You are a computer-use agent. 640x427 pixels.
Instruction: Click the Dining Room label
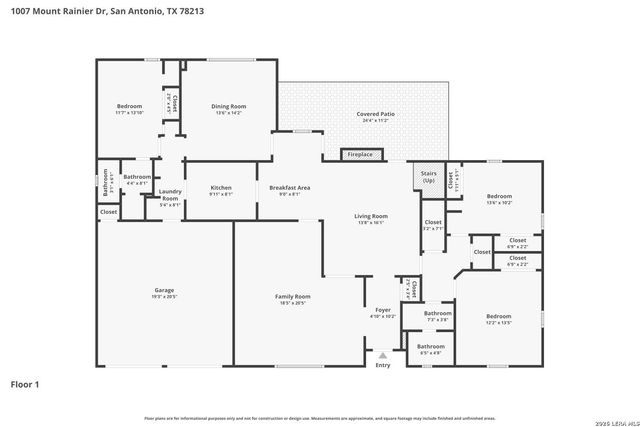click(228, 106)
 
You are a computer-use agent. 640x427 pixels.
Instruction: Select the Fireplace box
click(359, 155)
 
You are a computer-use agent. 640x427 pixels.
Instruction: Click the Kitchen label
click(221, 187)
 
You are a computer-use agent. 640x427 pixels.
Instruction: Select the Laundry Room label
click(170, 194)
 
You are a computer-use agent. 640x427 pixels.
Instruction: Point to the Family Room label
click(293, 296)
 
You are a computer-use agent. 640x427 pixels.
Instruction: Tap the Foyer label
click(383, 309)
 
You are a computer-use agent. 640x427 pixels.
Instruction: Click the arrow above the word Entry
click(382, 354)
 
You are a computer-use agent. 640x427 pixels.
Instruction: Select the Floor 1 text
click(26, 384)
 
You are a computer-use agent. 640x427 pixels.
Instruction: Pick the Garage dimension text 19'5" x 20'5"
click(164, 297)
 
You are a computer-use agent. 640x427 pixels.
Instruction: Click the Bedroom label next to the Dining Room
click(129, 106)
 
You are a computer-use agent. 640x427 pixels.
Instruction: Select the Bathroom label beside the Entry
click(431, 346)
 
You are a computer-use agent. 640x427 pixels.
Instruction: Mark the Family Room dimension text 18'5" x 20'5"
click(293, 303)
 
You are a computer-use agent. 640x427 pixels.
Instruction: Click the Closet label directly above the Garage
click(108, 212)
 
